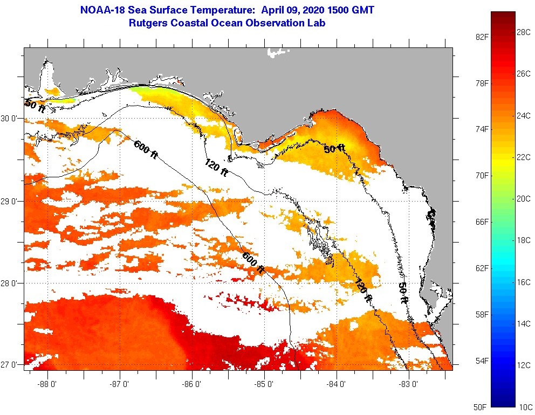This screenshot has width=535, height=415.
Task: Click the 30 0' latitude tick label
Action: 11,118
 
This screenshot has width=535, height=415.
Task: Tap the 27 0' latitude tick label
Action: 11,365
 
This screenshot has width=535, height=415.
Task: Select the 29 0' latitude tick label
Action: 11,201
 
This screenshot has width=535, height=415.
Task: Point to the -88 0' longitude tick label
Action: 47,384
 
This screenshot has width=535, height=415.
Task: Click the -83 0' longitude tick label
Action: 408,384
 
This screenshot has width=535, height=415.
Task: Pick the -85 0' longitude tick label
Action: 264,384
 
